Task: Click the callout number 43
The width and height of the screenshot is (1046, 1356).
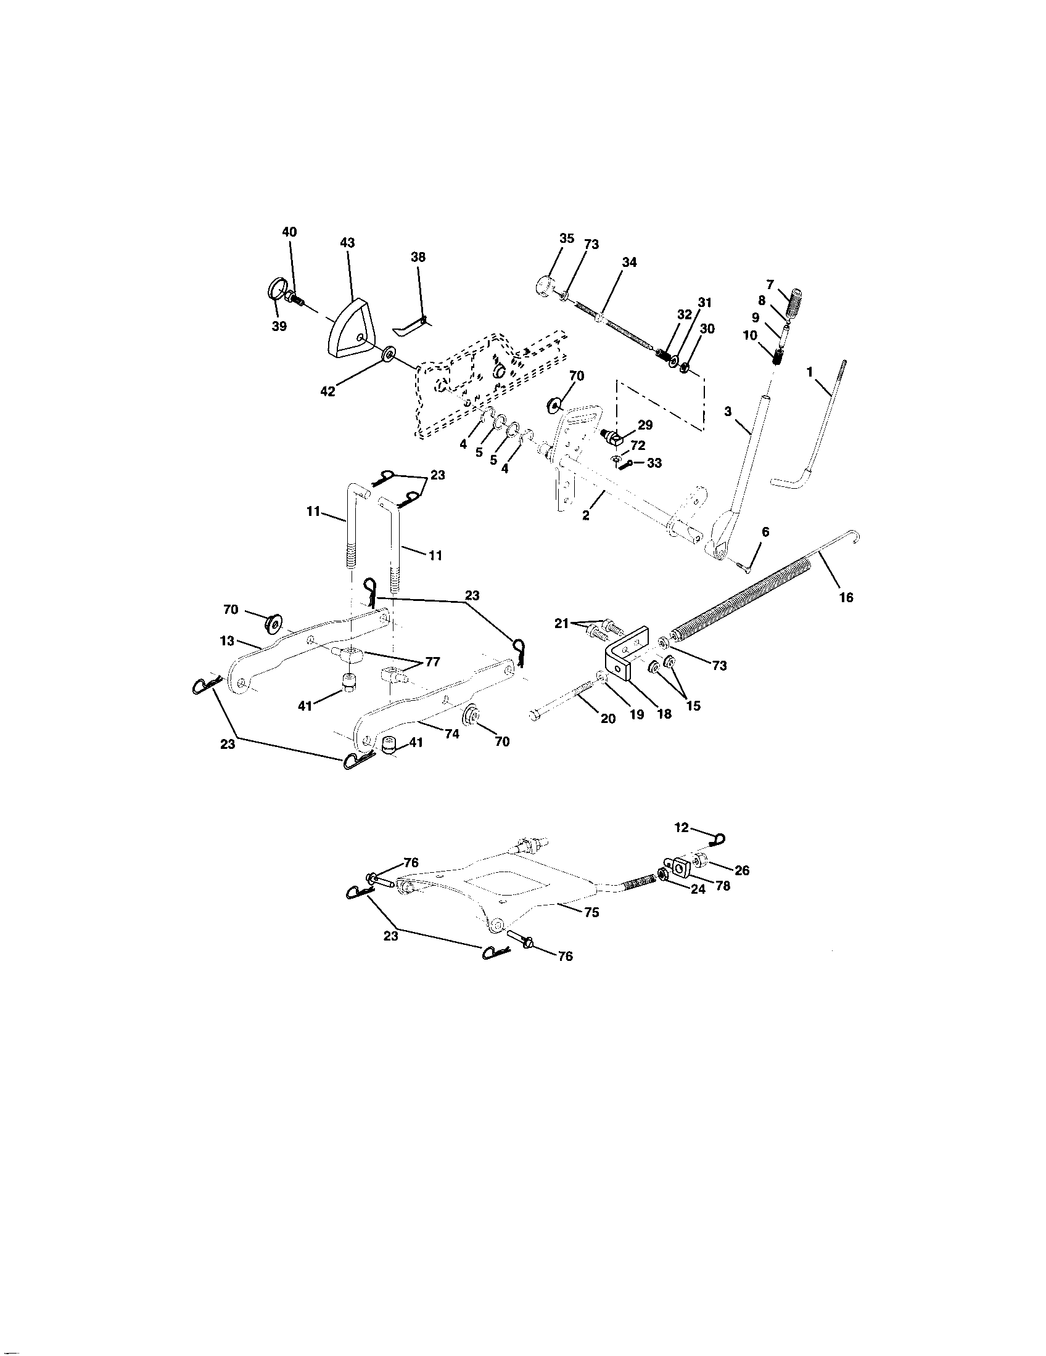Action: pyautogui.click(x=347, y=243)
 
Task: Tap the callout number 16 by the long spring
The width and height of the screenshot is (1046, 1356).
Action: pyautogui.click(x=846, y=597)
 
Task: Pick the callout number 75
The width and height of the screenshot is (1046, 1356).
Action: pyautogui.click(x=591, y=913)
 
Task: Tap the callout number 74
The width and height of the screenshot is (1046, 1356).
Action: pyautogui.click(x=451, y=733)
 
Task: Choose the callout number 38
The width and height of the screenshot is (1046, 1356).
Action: pyautogui.click(x=418, y=257)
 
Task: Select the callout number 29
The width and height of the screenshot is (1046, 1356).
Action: pyautogui.click(x=644, y=425)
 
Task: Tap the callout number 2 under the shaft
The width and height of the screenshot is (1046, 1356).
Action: pyautogui.click(x=586, y=516)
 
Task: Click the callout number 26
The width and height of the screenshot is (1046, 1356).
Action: pyautogui.click(x=742, y=870)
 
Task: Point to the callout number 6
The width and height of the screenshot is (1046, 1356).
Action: pyautogui.click(x=765, y=532)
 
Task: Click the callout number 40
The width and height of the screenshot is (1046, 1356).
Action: pyautogui.click(x=289, y=232)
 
